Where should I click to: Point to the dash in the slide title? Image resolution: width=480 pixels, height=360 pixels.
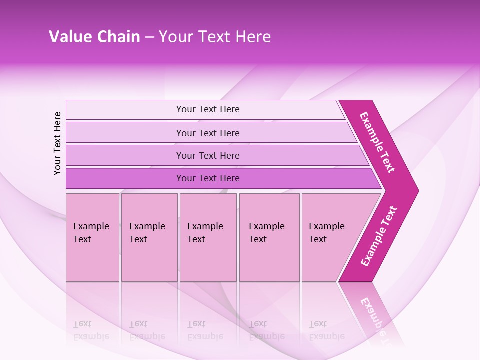(149, 37)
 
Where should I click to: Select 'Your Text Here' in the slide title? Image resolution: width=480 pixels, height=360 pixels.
(215, 37)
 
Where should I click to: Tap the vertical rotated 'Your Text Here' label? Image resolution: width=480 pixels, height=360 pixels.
(57, 143)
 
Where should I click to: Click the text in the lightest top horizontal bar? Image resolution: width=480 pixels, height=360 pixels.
(208, 109)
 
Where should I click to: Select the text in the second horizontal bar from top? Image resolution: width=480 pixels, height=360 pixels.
(208, 133)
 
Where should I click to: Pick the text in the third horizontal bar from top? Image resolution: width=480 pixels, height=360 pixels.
(208, 156)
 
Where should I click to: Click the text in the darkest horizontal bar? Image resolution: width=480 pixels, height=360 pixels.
(208, 178)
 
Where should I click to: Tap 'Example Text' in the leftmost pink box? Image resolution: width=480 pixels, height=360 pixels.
(91, 233)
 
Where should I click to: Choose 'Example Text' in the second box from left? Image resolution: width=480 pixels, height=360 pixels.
(147, 233)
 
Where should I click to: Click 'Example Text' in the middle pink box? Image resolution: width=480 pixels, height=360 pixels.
(205, 233)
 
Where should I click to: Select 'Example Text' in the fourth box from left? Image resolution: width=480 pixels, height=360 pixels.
(266, 233)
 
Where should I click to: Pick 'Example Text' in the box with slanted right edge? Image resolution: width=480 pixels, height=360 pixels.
(326, 233)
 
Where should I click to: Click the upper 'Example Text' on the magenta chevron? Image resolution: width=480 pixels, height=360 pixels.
(378, 142)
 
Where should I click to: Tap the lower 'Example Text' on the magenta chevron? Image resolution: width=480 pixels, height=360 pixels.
(379, 236)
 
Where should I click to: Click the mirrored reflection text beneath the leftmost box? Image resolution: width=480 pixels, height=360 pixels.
(91, 330)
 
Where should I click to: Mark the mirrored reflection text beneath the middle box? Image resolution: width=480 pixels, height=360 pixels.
(205, 330)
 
